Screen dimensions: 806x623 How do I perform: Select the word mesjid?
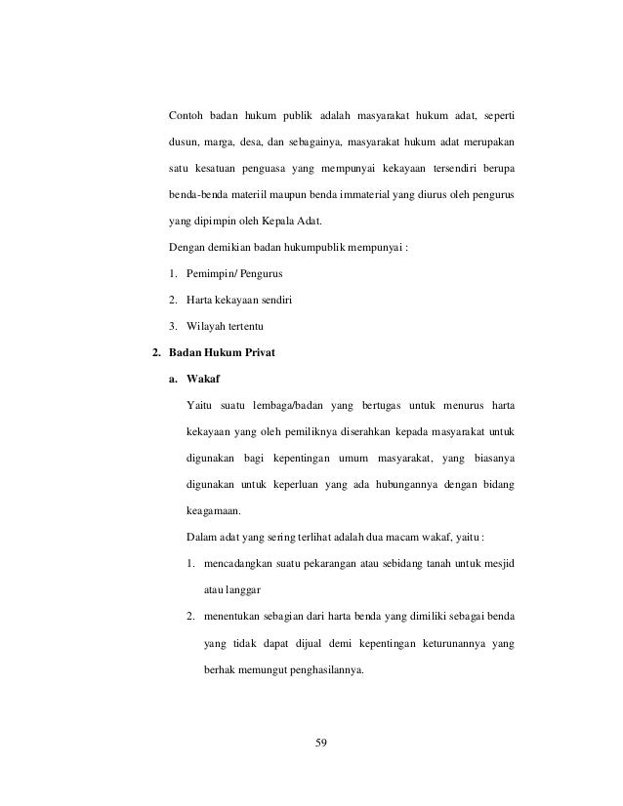point(498,564)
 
